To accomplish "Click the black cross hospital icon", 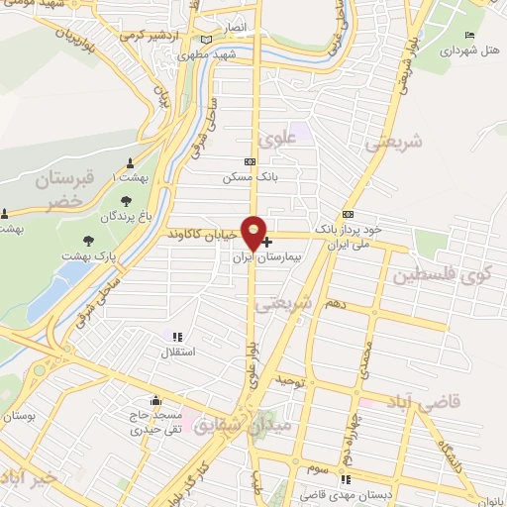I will coord(267,241).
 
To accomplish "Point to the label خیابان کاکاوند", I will coord(203,235).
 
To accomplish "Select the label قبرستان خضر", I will coord(66,190).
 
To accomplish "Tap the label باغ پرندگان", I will coord(129,215).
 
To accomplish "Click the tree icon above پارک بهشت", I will coord(89,240).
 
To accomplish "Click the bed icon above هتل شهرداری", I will coord(469,36).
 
